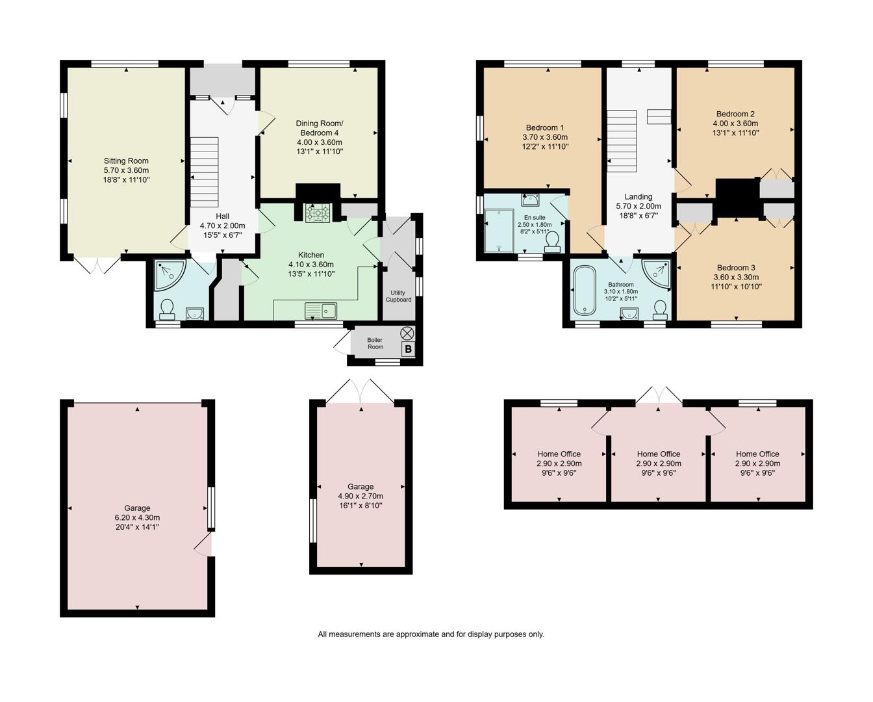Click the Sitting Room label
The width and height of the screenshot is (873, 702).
click(x=126, y=161)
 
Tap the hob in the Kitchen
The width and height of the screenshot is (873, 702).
click(x=318, y=213)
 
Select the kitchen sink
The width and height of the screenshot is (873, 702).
click(x=322, y=311)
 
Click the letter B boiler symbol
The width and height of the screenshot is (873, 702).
click(x=407, y=350)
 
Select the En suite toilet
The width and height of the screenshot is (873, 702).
click(x=553, y=242)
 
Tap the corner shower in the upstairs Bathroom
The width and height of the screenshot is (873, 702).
click(x=657, y=273)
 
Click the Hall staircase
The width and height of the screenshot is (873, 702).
click(x=204, y=171)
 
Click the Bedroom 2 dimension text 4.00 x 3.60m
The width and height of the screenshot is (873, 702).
click(x=735, y=123)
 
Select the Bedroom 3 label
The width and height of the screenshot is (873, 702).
click(x=735, y=268)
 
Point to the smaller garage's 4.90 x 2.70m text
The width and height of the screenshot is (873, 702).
click(x=361, y=496)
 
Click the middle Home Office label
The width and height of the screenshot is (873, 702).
click(x=658, y=454)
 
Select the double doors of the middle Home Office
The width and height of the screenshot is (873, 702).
click(x=659, y=395)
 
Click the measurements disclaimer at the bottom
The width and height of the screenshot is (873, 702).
click(x=431, y=634)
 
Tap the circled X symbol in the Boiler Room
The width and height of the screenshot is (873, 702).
click(x=407, y=333)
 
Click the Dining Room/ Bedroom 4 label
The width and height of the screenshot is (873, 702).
click(x=319, y=128)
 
